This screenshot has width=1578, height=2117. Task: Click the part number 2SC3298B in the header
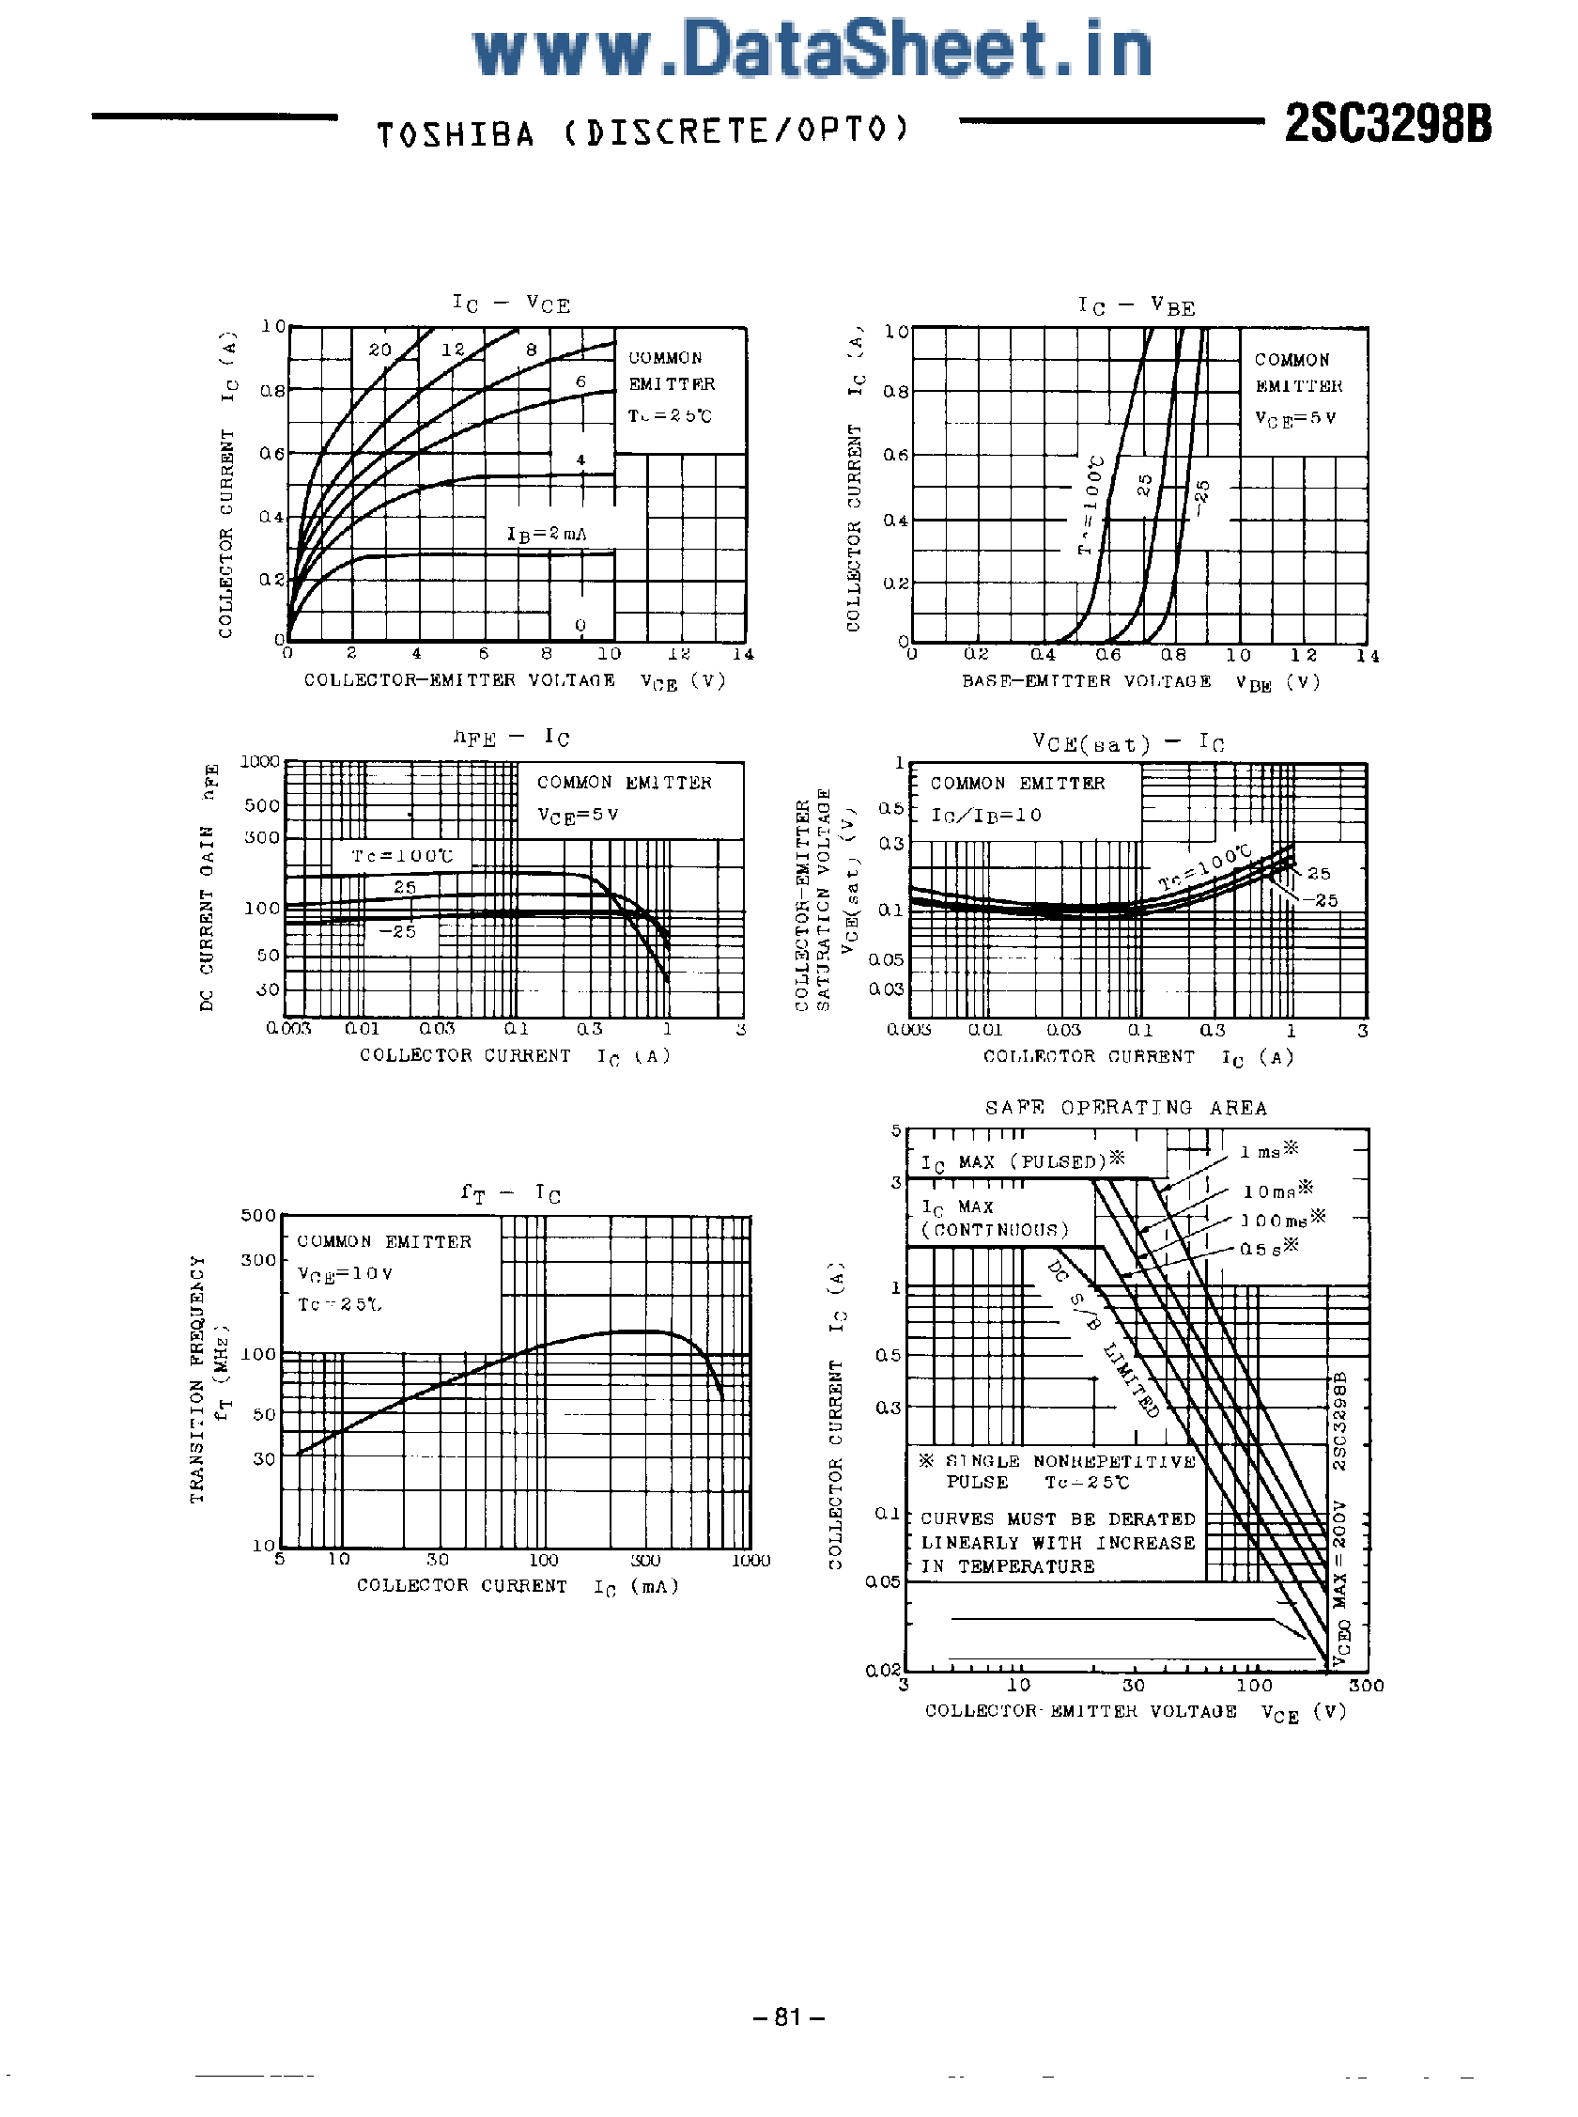click(1387, 124)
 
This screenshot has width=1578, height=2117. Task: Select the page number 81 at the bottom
click(788, 2016)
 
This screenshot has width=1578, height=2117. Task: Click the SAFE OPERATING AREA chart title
click(1126, 1107)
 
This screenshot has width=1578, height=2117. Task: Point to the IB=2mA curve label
click(547, 534)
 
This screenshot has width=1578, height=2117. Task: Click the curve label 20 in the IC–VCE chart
click(380, 350)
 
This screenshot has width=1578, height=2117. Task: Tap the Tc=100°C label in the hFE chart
click(401, 855)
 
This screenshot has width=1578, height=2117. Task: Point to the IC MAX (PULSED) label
click(1022, 1161)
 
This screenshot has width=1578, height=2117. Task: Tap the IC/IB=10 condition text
click(985, 815)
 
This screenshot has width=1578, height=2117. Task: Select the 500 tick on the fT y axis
click(258, 1215)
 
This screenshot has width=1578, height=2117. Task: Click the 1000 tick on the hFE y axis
click(260, 761)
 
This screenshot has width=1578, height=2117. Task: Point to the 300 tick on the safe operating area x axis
click(1366, 1685)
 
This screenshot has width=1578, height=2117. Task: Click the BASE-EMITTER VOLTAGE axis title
click(1086, 681)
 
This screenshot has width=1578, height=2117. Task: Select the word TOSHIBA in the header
click(456, 133)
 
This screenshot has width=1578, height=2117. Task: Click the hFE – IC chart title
click(511, 738)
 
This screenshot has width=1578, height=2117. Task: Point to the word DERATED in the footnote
click(1151, 1519)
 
